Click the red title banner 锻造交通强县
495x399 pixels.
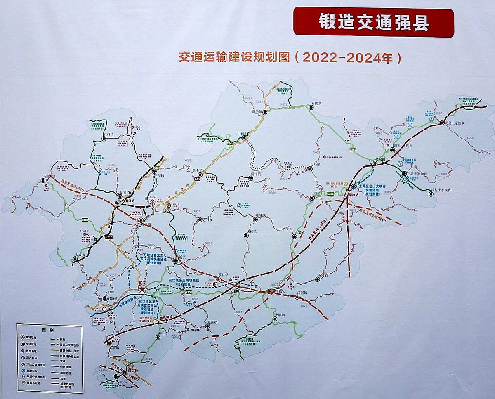(x=373, y=23)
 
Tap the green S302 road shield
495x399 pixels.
(x=352, y=149)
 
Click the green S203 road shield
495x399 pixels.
(x=85, y=220)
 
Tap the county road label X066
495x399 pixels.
(x=470, y=138)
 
